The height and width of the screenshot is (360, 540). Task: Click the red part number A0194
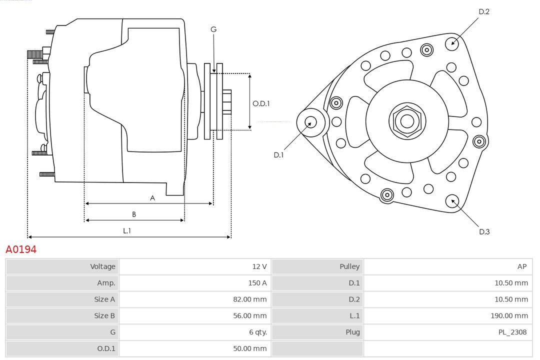click(21, 249)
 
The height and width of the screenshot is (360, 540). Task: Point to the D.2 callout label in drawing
click(484, 11)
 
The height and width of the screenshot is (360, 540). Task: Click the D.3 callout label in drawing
click(484, 231)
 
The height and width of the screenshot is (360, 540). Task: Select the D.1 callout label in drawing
click(278, 155)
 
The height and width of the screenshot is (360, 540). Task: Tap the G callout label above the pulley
click(213, 29)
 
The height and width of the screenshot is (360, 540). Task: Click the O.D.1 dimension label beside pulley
click(261, 103)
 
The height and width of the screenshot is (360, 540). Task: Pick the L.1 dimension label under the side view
click(127, 230)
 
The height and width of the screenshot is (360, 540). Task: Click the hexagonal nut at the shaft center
click(407, 121)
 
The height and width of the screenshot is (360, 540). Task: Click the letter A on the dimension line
click(152, 198)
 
